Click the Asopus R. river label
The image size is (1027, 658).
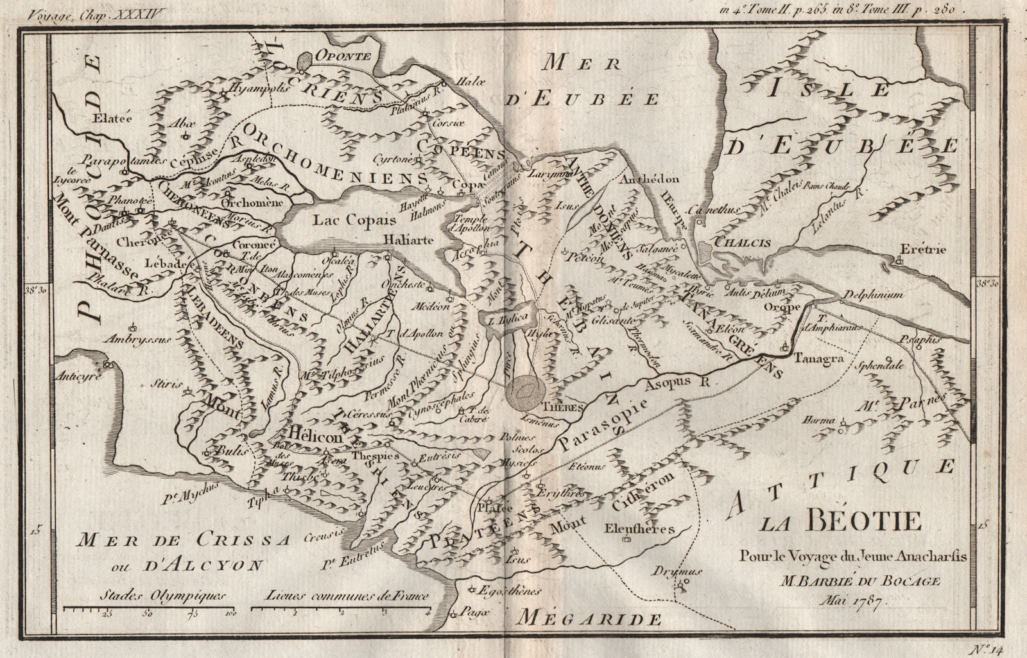pos(675,382)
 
